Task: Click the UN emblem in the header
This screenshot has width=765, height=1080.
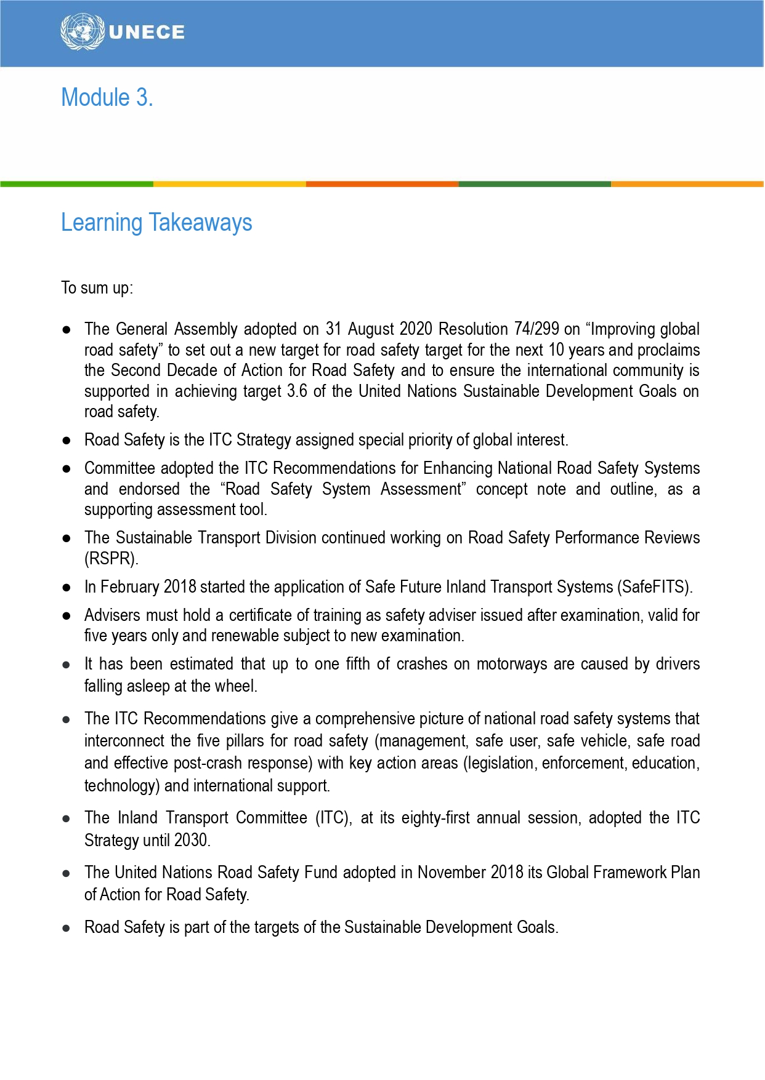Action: tap(83, 32)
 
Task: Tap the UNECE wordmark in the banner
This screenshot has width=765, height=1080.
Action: tap(147, 33)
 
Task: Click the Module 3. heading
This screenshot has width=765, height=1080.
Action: tap(107, 98)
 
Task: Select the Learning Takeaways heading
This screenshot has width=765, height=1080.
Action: tap(156, 223)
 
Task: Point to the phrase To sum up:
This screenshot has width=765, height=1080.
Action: tap(97, 288)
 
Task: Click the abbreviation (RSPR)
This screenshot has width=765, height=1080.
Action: tap(111, 559)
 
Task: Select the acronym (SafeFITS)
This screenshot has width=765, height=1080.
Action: tap(654, 587)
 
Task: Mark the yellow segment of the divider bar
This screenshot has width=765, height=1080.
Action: tap(229, 184)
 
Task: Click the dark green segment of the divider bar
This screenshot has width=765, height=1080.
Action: tap(535, 184)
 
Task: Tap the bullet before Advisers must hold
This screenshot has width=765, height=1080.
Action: tap(67, 615)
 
